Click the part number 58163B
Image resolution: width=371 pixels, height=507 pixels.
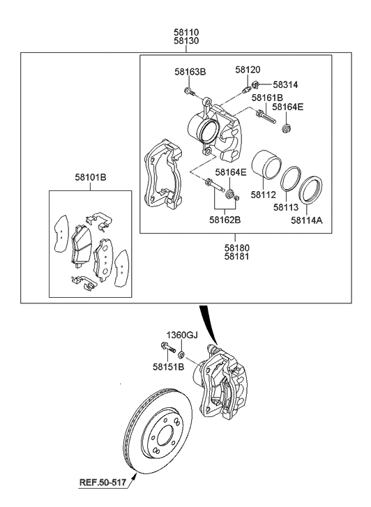click(x=190, y=71)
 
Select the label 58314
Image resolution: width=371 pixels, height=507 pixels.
click(x=285, y=84)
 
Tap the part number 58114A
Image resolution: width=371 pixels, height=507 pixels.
click(x=307, y=220)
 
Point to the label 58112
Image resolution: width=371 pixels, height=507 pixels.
click(x=264, y=195)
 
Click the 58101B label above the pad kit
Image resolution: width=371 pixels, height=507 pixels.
click(x=91, y=177)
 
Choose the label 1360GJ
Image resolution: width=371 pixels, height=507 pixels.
click(x=182, y=335)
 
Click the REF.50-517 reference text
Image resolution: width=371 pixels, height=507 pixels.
click(x=103, y=483)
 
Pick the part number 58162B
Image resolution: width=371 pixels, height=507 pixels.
click(x=225, y=220)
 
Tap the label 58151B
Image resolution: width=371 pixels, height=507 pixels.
click(x=168, y=367)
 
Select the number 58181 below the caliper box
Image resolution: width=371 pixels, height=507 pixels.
click(x=237, y=257)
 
